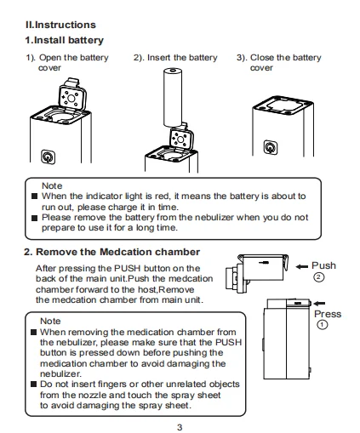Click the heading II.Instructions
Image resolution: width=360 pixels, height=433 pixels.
(60, 26)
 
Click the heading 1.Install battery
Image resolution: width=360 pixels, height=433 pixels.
(65, 40)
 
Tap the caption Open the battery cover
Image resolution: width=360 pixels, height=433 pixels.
(65, 62)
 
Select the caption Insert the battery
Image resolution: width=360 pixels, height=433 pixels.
(175, 58)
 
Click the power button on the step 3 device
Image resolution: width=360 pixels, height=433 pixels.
(271, 148)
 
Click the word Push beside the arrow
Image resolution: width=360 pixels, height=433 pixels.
(324, 266)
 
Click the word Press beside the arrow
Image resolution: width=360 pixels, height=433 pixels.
(328, 314)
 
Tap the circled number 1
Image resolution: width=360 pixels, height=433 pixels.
(321, 326)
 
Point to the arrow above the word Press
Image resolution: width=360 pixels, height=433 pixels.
(320, 301)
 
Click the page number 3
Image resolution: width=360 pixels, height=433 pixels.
(179, 425)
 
